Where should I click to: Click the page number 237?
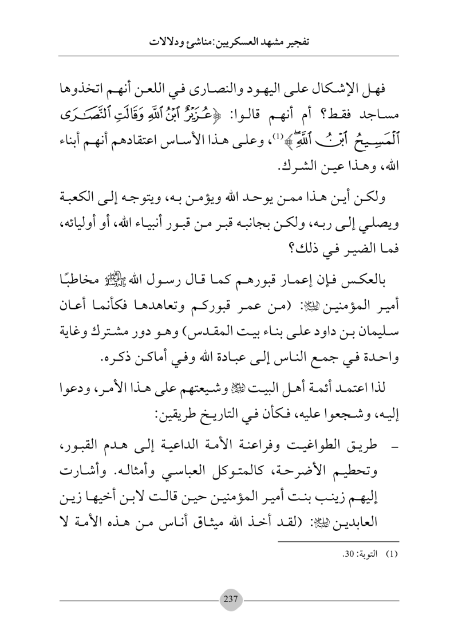point(229,595)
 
